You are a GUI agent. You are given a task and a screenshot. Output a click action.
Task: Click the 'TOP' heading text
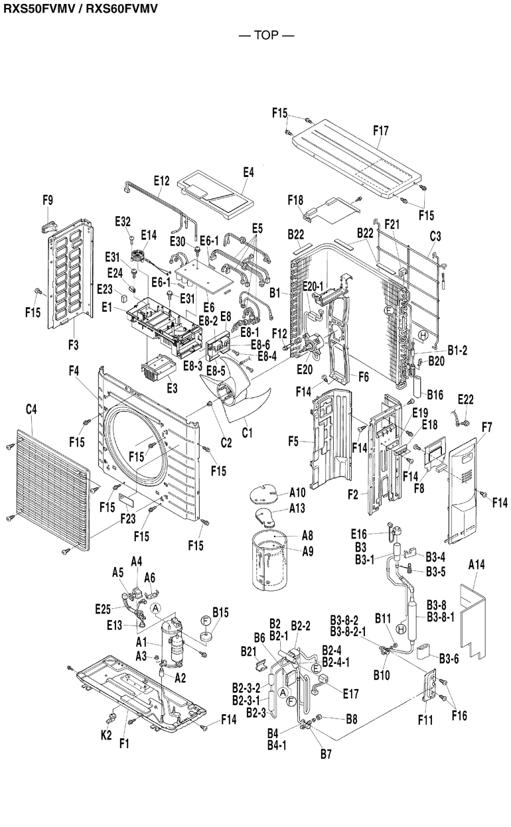(x=266, y=35)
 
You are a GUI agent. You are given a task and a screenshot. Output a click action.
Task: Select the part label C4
(x=31, y=411)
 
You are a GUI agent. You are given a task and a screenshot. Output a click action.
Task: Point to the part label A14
(x=476, y=566)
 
